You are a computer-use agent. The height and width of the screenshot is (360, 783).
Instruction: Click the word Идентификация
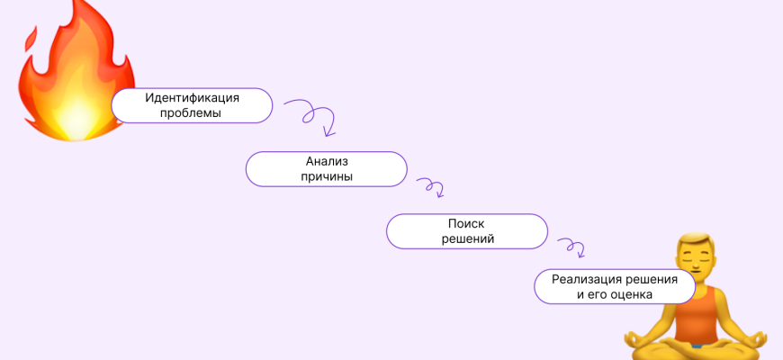tap(192, 97)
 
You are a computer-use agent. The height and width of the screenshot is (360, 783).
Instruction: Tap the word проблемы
tap(191, 113)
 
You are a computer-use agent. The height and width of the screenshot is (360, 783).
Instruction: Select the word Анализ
tap(326, 160)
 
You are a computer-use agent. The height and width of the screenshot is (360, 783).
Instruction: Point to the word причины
tap(326, 176)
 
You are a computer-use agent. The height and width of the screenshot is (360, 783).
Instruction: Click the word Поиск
tap(466, 223)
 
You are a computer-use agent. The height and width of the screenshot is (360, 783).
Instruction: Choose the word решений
tap(466, 239)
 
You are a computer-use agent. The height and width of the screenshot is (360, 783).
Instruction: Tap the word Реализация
tap(581, 278)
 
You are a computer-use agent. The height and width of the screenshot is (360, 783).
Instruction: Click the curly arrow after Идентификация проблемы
tap(310, 115)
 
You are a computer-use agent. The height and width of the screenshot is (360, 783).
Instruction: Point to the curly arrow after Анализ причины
tap(431, 186)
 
